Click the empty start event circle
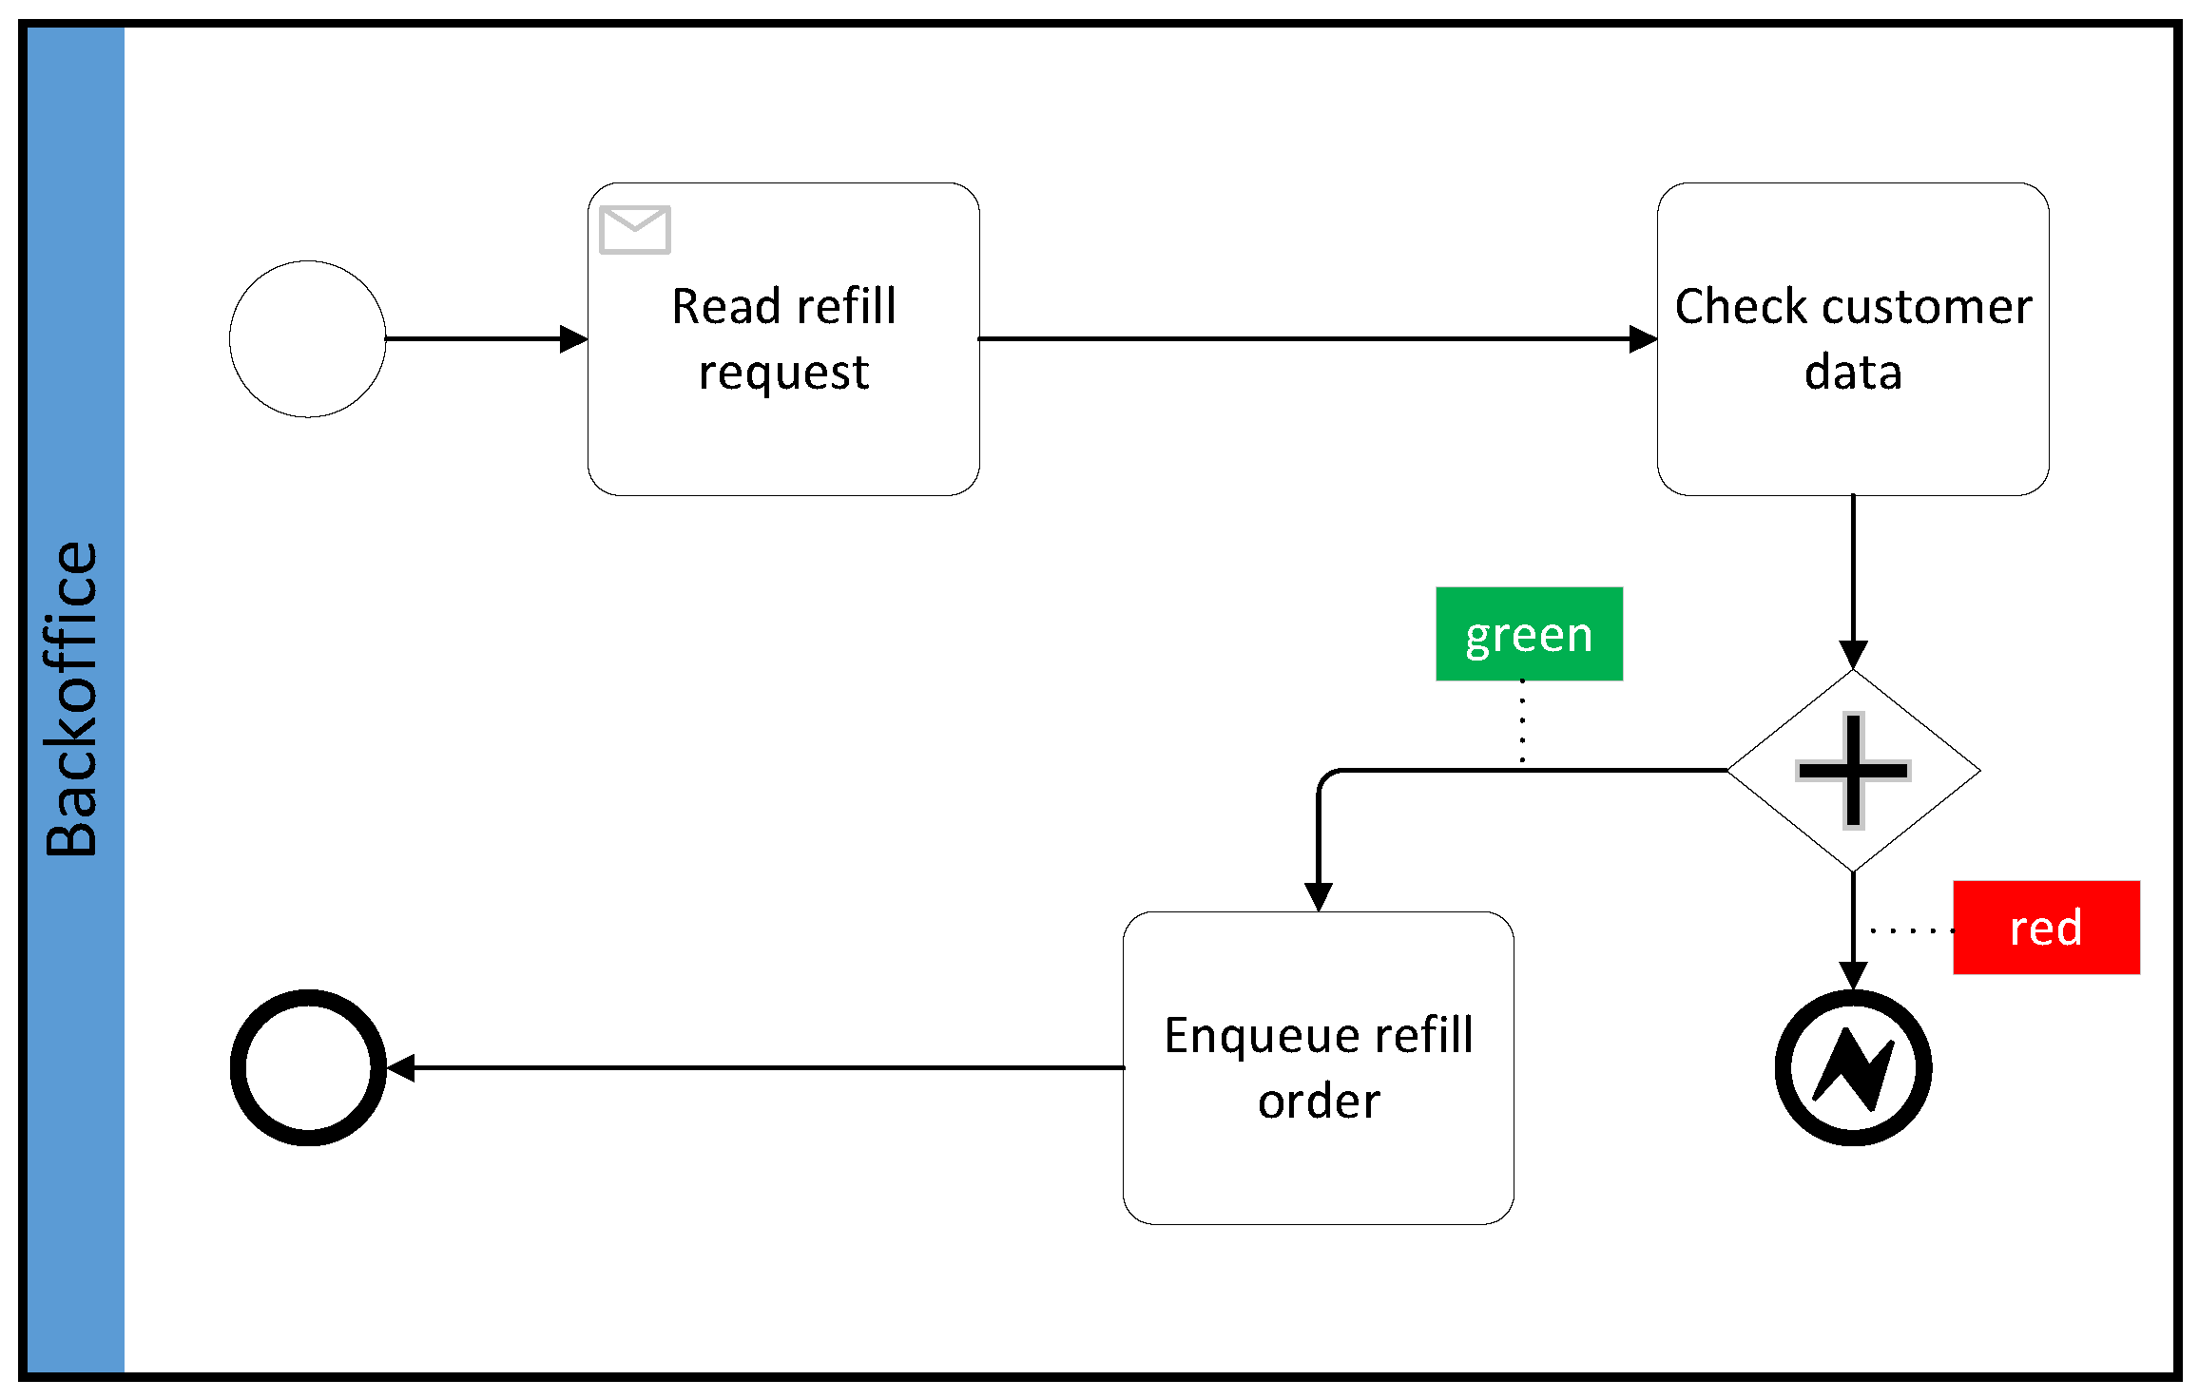tap(307, 339)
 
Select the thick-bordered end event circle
tap(308, 1067)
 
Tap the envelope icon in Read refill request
tap(635, 230)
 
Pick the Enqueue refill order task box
tap(1318, 1169)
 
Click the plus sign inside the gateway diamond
tap(1853, 771)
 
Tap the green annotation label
tap(1529, 634)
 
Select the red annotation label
tap(2046, 928)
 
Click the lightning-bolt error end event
tap(1853, 1067)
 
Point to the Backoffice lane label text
tap(72, 699)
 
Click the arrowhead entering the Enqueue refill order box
tap(1318, 895)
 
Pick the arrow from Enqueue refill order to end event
tap(761, 1067)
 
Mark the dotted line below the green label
tap(1522, 722)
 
